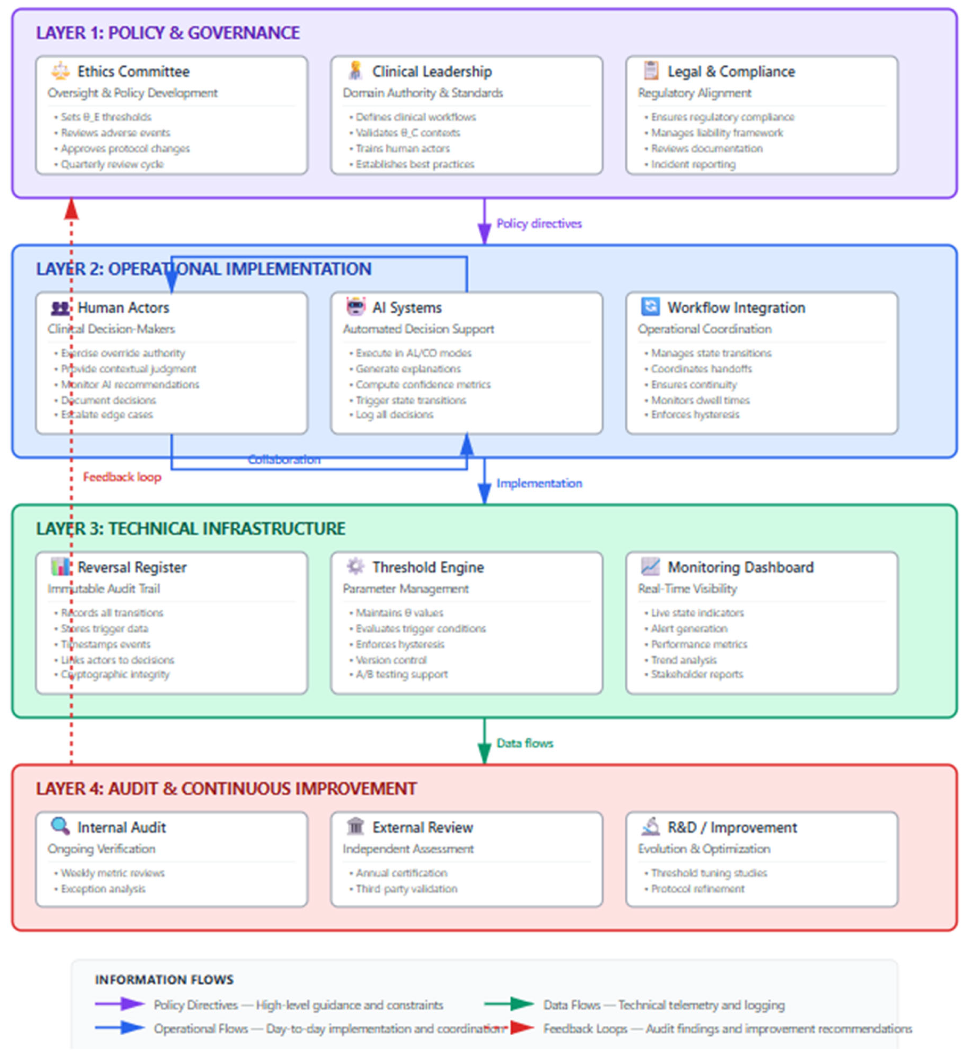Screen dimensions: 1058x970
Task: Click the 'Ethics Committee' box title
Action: click(133, 71)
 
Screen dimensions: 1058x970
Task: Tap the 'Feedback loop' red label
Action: click(122, 477)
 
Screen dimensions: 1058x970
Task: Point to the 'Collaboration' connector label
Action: click(284, 460)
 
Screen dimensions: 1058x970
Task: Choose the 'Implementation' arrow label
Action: click(539, 483)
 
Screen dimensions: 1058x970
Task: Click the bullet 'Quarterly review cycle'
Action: click(112, 164)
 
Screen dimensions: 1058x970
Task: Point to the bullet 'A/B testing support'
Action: click(402, 674)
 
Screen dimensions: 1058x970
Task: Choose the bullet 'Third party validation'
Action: click(406, 889)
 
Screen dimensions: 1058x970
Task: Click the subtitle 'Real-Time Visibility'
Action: click(687, 589)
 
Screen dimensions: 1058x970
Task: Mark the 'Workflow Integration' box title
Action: click(736, 308)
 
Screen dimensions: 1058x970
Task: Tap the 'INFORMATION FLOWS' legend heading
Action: click(164, 979)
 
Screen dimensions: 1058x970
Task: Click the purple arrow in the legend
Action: click(120, 1004)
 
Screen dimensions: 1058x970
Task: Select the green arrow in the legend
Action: click(509, 1004)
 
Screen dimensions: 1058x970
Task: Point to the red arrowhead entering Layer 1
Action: click(71, 209)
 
